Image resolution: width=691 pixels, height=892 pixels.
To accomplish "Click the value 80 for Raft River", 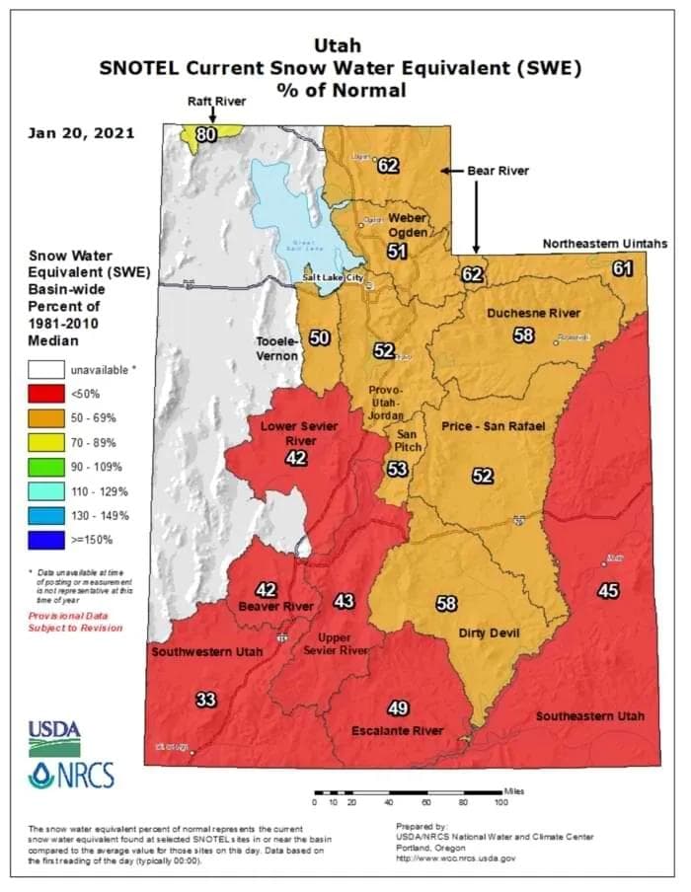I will pyautogui.click(x=205, y=135).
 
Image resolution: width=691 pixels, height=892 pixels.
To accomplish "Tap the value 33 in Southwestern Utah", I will pyautogui.click(x=205, y=701).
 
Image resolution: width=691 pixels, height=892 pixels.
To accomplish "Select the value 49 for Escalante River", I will pyautogui.click(x=398, y=708).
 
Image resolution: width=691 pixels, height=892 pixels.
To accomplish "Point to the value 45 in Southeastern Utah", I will pyautogui.click(x=608, y=591).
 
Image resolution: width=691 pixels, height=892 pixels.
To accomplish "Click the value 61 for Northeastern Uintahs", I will pyautogui.click(x=622, y=267).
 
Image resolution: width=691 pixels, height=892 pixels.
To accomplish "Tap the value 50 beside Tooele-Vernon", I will pyautogui.click(x=319, y=338).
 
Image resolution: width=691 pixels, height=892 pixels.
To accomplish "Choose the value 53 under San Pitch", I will pyautogui.click(x=397, y=469).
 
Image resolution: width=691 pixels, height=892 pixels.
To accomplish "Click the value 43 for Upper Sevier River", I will pyautogui.click(x=344, y=601).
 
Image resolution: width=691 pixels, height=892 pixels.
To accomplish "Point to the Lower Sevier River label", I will pyautogui.click(x=295, y=433).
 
